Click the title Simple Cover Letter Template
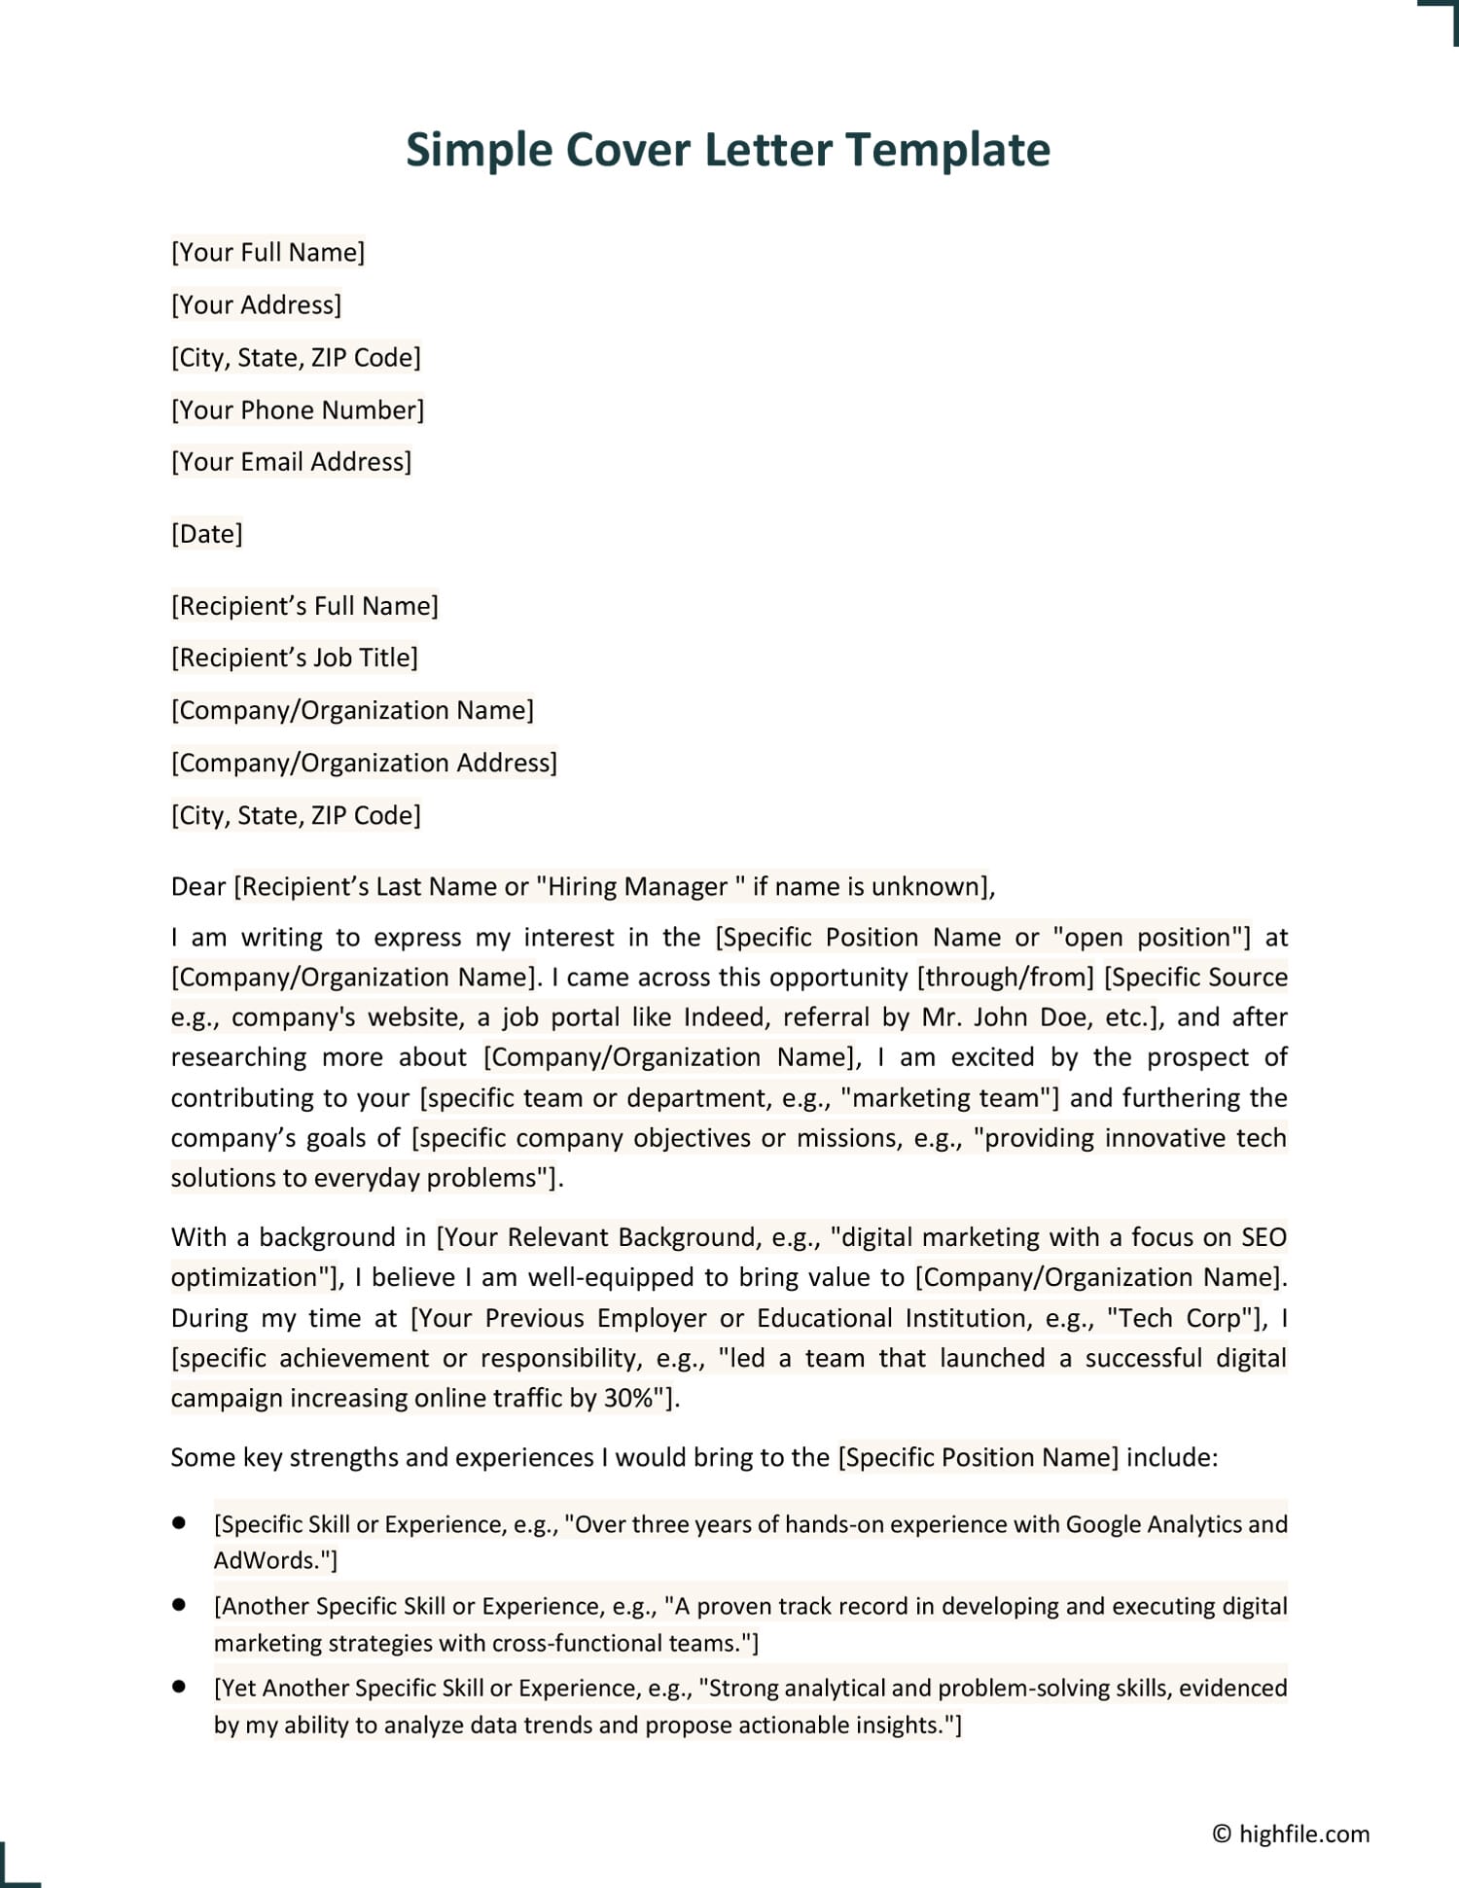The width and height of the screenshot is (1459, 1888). [728, 150]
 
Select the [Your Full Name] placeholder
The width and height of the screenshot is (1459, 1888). [267, 253]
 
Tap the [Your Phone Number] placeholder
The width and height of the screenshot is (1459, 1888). [298, 410]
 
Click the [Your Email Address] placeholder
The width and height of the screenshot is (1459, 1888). [291, 462]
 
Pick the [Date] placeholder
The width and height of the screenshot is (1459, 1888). [207, 534]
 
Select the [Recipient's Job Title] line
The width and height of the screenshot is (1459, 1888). [294, 659]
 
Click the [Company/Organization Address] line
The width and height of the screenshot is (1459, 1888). [364, 764]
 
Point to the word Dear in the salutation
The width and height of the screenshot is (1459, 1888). [198, 887]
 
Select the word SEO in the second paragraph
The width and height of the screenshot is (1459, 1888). [1263, 1238]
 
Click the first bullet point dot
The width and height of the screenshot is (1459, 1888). [179, 1523]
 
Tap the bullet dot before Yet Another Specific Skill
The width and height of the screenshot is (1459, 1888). [179, 1687]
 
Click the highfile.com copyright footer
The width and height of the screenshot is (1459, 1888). [1291, 1834]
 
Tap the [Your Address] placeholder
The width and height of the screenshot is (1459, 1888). [256, 305]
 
